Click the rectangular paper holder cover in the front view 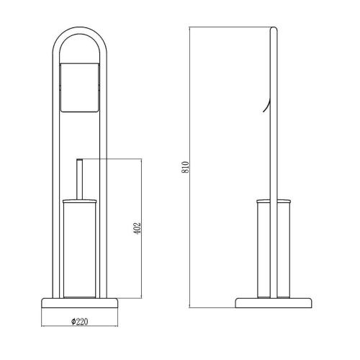[x=79, y=86]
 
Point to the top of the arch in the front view [x=79, y=29]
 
